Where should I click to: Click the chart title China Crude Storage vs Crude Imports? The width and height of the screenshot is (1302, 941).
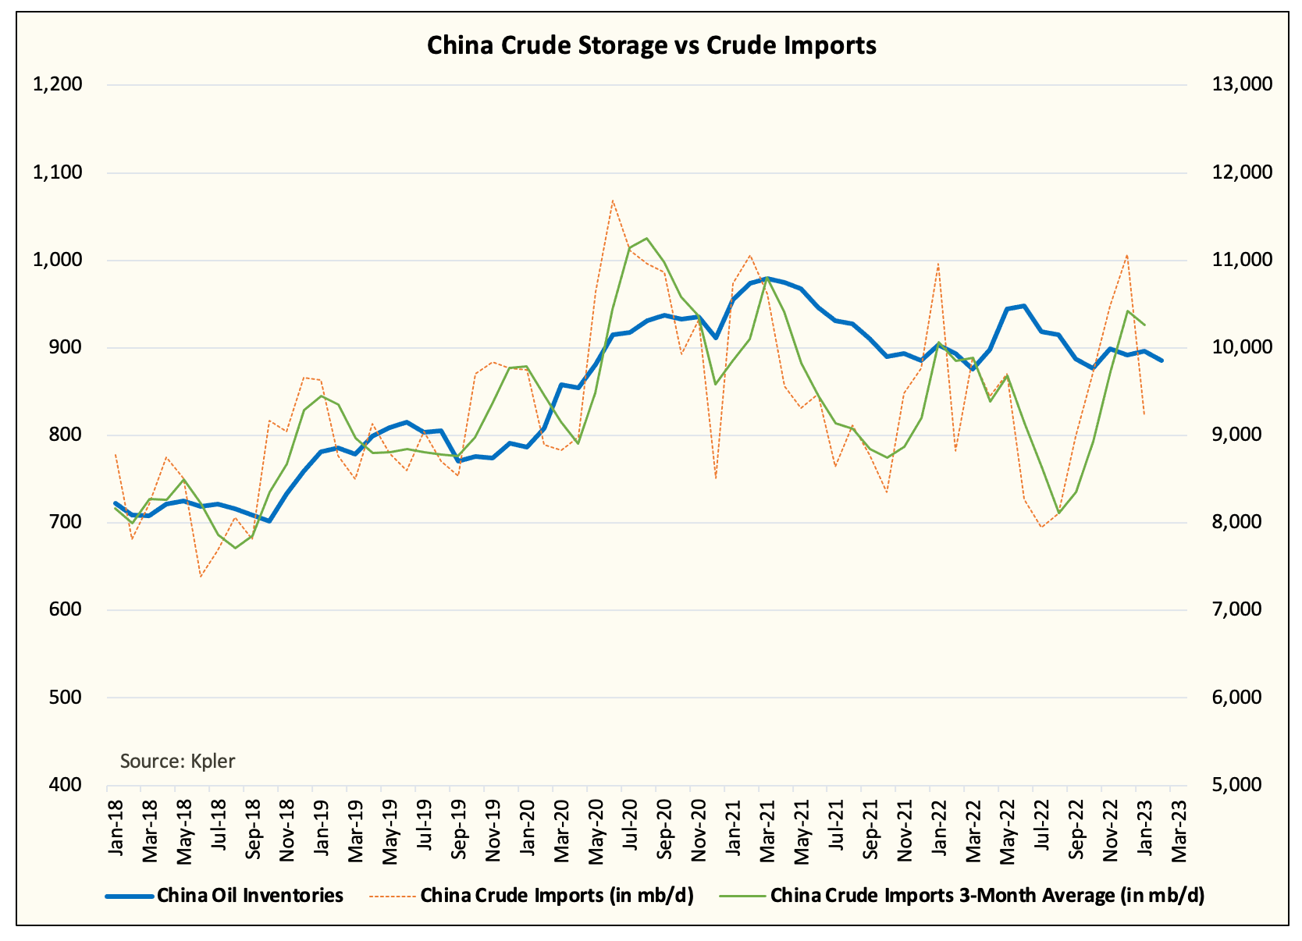[x=651, y=45]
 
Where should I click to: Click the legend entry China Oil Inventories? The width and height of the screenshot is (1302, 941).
[x=250, y=895]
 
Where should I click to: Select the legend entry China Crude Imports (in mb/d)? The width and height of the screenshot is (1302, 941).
[x=556, y=895]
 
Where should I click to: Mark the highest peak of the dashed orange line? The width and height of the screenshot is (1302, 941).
[x=613, y=201]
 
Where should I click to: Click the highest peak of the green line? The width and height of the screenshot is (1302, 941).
[x=647, y=238]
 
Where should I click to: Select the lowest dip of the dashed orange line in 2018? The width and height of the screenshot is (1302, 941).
[x=201, y=577]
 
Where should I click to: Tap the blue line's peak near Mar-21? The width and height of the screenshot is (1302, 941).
[x=767, y=278]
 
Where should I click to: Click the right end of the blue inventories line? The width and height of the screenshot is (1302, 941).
[x=1161, y=360]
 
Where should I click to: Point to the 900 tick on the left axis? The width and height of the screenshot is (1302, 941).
[x=66, y=347]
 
